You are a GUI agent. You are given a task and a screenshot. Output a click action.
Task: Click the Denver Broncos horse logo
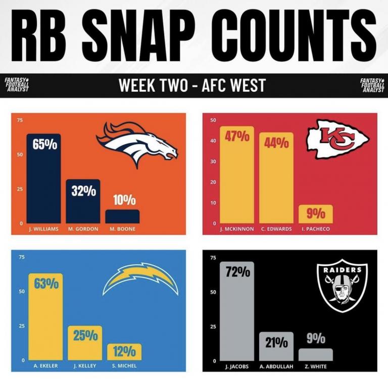[x=137, y=144]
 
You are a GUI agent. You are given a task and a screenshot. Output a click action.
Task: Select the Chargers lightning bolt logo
[x=140, y=279]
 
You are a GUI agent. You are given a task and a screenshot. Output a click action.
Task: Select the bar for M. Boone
[x=122, y=216]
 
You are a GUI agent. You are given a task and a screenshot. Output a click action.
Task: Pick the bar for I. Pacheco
[x=315, y=214]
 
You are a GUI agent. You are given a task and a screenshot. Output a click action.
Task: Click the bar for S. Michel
[x=124, y=352]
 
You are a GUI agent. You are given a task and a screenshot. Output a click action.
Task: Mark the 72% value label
[x=237, y=272]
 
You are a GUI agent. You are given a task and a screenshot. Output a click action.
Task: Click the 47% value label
[x=237, y=138]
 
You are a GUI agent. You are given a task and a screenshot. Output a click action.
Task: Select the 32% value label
[x=83, y=191]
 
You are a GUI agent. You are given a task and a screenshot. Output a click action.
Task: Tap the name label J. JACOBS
[x=236, y=366]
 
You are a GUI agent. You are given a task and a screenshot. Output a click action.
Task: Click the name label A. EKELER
[x=45, y=365]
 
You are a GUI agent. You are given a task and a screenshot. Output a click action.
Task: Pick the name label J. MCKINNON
[x=236, y=228]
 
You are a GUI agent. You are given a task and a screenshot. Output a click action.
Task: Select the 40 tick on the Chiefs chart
[x=213, y=141]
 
